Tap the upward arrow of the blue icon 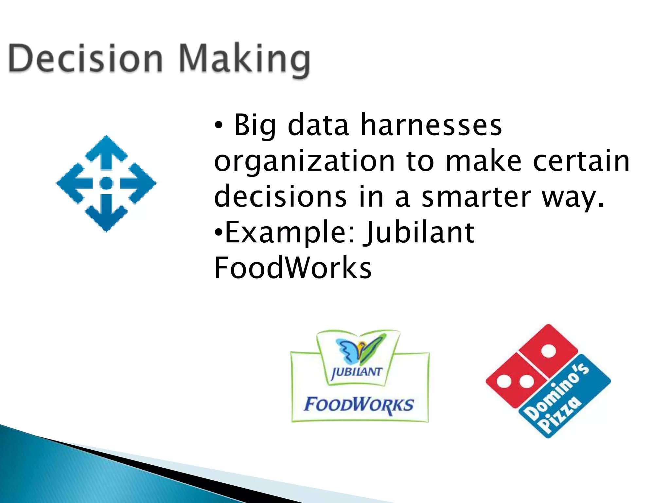[x=106, y=152]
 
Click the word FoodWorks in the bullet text [x=293, y=268]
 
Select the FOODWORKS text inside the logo [x=359, y=405]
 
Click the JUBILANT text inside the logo [x=357, y=372]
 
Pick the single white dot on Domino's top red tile [x=548, y=351]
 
